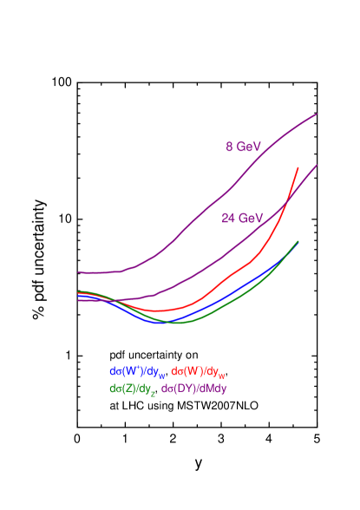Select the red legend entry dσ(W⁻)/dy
199,372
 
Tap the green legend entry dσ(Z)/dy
132,389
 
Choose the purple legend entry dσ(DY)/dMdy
194,389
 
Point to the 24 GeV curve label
242,219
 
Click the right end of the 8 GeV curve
317,114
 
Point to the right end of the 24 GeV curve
317,165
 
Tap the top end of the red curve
298,168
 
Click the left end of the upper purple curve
79,272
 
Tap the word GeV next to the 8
249,147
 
